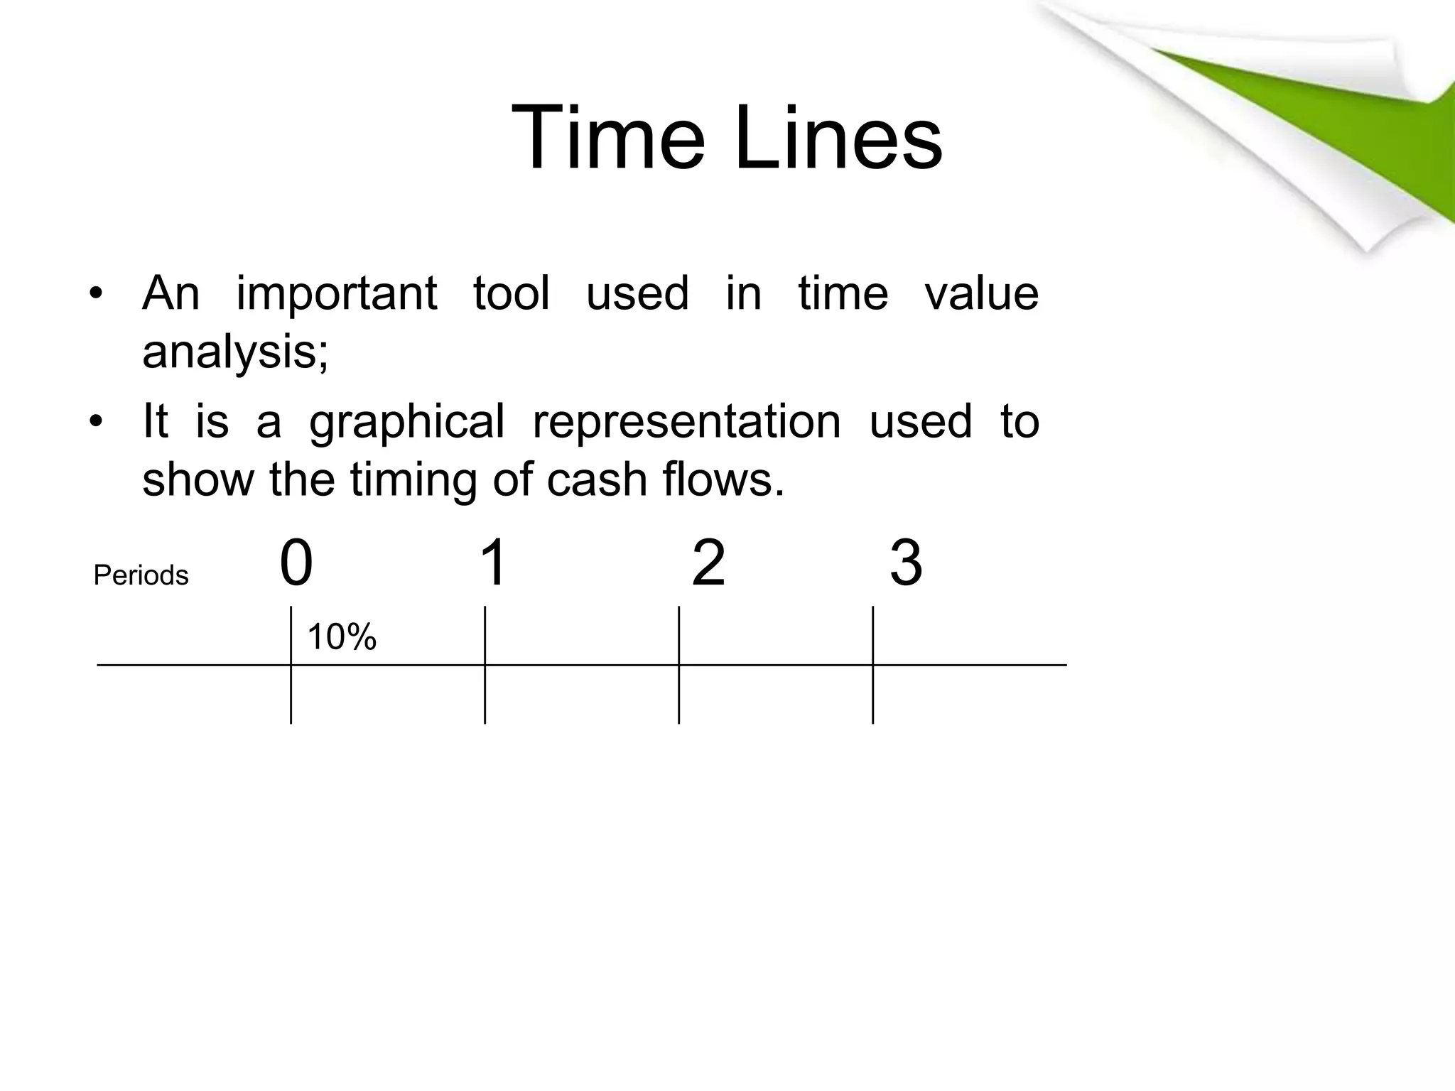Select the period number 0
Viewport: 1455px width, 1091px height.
click(296, 563)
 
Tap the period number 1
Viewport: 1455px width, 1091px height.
click(493, 563)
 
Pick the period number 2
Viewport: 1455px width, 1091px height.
click(708, 563)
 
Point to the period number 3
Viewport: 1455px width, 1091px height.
click(906, 564)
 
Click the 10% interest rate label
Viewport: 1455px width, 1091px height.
click(341, 636)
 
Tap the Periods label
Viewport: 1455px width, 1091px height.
click(141, 575)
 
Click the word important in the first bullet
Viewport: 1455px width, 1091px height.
click(336, 293)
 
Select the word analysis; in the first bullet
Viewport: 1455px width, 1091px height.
click(235, 352)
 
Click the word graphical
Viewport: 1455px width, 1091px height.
click(406, 422)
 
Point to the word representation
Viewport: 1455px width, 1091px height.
click(686, 422)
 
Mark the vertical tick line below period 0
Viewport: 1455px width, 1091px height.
click(291, 696)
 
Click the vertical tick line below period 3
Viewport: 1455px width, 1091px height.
click(873, 696)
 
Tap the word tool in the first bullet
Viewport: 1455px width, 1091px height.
click(512, 293)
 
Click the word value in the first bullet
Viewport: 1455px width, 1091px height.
click(981, 293)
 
